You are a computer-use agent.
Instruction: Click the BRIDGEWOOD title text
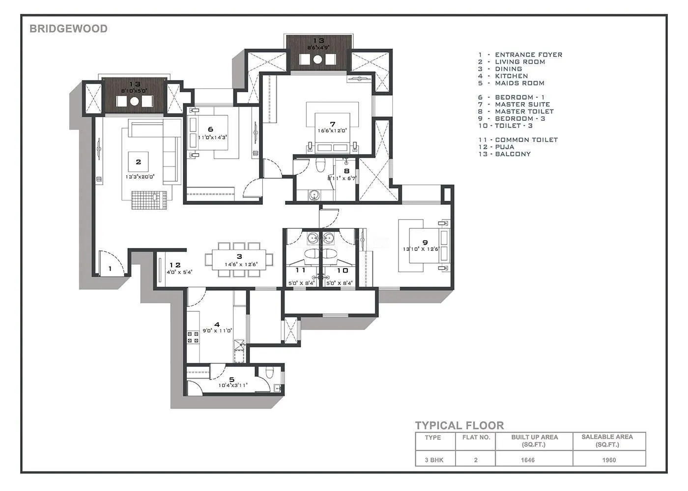68,28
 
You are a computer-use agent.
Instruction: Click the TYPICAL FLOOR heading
459,426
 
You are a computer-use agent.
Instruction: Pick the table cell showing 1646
528,460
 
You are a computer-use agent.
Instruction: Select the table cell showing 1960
609,460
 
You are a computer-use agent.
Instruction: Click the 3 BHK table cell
433,460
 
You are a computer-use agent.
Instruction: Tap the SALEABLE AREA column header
607,440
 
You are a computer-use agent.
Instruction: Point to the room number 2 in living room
139,162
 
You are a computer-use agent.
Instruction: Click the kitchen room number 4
217,324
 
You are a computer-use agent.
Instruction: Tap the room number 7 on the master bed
333,124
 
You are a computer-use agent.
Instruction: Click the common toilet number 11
300,270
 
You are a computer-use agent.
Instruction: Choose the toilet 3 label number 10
343,270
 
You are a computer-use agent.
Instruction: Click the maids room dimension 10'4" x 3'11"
233,385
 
